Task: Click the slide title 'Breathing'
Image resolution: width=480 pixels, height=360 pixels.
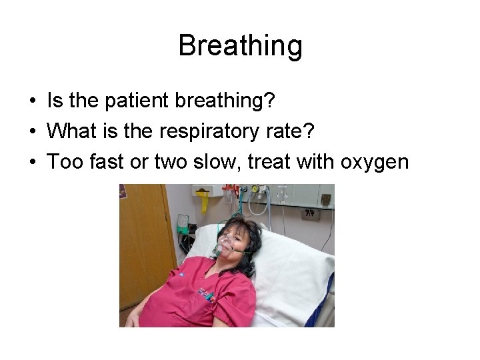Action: pos(240,46)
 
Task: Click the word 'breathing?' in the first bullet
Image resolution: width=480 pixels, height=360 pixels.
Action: pos(226,101)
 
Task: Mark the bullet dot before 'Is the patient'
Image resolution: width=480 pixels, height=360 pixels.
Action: pos(32,102)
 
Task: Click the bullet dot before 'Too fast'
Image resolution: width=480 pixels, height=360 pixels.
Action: pos(32,162)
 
